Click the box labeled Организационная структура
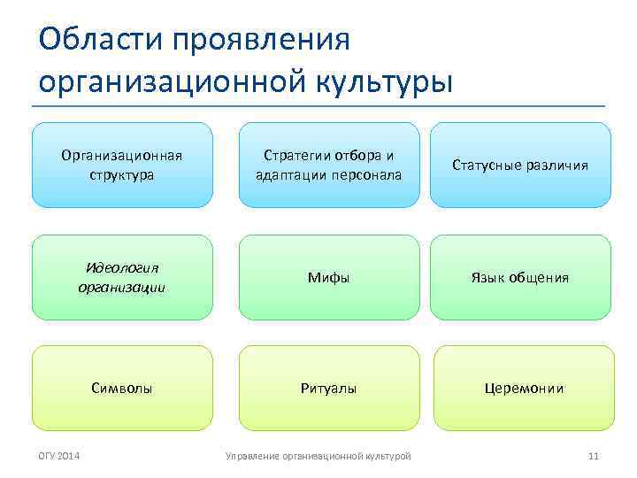[x=122, y=165]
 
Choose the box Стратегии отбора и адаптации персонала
[x=328, y=165]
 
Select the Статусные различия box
[x=520, y=165]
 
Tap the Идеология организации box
[x=122, y=277]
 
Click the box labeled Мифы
[x=328, y=277]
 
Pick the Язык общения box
[x=520, y=277]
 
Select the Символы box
[x=122, y=388]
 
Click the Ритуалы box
[x=328, y=388]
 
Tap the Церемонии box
[x=523, y=388]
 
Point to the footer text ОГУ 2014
[x=58, y=456]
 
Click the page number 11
[x=594, y=456]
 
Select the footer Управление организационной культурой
[x=318, y=456]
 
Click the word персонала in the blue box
[x=366, y=174]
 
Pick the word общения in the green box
[x=539, y=277]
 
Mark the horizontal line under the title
[x=318, y=107]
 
